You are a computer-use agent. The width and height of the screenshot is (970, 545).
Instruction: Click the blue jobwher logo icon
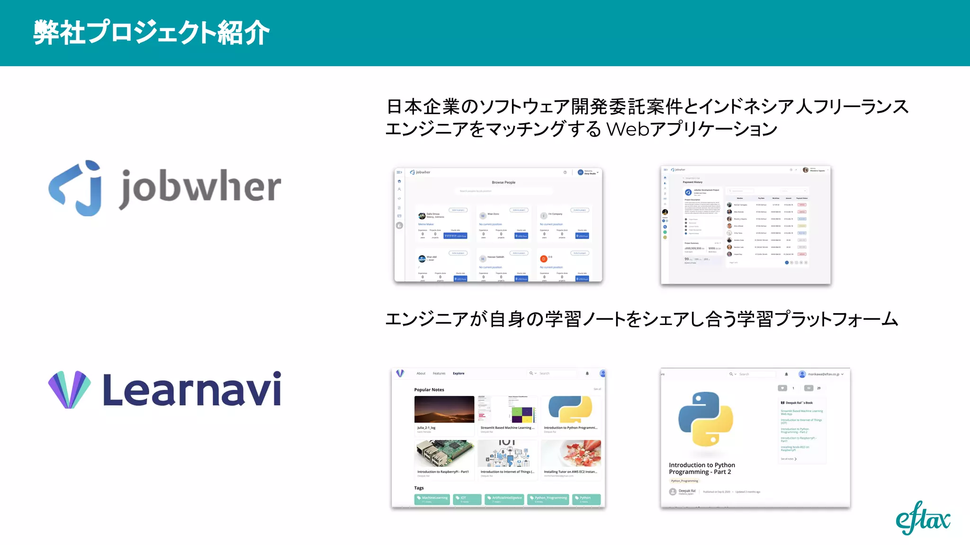(76, 188)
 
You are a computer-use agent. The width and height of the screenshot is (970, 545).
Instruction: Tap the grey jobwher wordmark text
(200, 188)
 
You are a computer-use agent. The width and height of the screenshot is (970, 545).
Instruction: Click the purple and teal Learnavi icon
(69, 390)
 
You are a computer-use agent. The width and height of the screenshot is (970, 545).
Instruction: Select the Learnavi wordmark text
(192, 390)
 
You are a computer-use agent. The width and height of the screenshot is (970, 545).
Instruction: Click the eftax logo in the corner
(923, 519)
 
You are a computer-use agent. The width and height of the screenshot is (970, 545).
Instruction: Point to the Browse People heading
(503, 182)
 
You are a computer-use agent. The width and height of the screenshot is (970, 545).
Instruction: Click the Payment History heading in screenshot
(692, 182)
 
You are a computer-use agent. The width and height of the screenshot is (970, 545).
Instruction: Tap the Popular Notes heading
(429, 390)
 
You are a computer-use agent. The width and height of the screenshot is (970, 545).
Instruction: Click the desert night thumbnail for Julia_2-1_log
(444, 409)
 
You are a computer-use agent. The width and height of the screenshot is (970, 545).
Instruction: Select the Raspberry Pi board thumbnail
(444, 453)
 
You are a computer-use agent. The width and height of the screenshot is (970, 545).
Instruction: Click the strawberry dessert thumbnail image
(571, 453)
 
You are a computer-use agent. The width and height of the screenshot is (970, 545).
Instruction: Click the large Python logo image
(706, 419)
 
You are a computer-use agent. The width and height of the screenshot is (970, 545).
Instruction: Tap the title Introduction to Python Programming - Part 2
(701, 468)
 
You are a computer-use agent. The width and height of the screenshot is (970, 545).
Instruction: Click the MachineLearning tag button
(432, 499)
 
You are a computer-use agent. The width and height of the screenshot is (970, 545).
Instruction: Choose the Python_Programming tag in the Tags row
(548, 499)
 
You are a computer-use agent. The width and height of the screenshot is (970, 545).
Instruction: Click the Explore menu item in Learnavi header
(458, 373)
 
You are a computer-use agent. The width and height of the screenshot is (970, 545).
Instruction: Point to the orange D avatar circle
(544, 259)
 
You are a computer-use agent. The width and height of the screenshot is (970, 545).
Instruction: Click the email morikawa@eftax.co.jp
(823, 374)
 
